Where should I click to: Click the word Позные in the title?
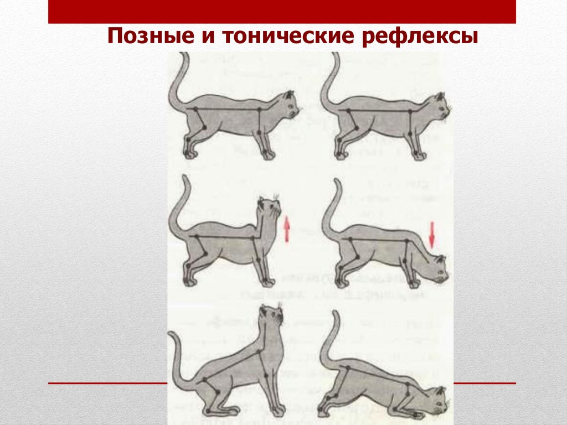pos(151,37)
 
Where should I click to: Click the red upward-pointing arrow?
pos(286,229)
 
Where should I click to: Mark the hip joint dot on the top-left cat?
pos(195,109)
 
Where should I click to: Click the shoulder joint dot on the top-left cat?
pos(259,109)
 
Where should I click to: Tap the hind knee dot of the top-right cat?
pos(356,128)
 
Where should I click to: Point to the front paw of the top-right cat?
pos(420,156)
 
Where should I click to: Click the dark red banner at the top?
pos(282,12)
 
